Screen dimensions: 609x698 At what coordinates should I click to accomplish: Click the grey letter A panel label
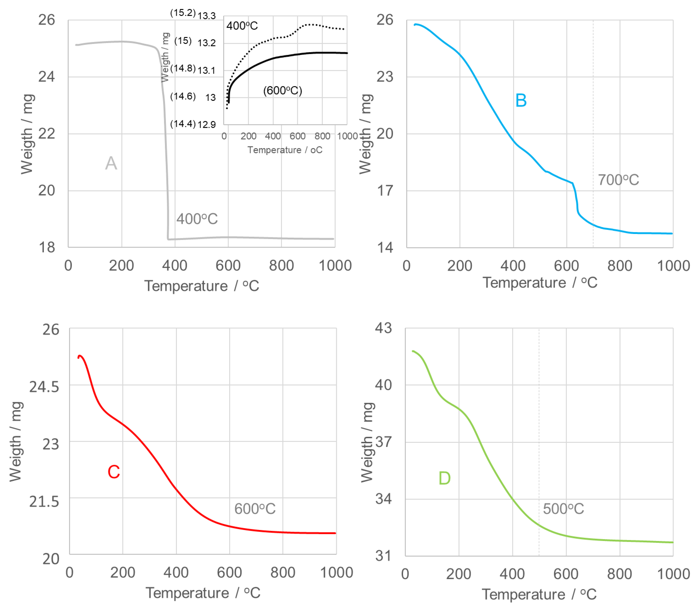[x=111, y=163]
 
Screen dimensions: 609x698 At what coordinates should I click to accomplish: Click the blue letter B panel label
[x=521, y=101]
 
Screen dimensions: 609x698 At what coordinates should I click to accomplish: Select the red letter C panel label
[x=114, y=472]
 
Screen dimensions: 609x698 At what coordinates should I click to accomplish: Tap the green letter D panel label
[x=444, y=478]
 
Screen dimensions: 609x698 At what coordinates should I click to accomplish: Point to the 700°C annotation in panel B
[x=618, y=180]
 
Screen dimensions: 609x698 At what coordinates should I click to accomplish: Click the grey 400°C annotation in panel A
[x=197, y=219]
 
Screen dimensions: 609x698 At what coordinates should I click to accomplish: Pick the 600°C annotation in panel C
[x=255, y=509]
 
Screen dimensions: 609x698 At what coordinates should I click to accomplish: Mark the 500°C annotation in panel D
[x=563, y=509]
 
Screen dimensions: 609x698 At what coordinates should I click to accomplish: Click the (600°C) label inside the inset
[x=282, y=90]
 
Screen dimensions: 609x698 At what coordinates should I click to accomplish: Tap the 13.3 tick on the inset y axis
[x=207, y=16]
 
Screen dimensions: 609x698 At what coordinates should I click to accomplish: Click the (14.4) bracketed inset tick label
[x=183, y=124]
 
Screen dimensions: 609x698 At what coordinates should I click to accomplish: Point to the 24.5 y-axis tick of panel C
[x=44, y=387]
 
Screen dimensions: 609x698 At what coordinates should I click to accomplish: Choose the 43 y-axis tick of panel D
[x=383, y=328]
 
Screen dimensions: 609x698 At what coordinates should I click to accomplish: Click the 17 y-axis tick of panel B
[x=385, y=191]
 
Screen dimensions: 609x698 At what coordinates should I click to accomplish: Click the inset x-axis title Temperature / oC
[x=285, y=150]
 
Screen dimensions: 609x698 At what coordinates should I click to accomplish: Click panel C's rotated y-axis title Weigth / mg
[x=16, y=442]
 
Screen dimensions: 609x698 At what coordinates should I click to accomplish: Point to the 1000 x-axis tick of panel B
[x=673, y=266]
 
